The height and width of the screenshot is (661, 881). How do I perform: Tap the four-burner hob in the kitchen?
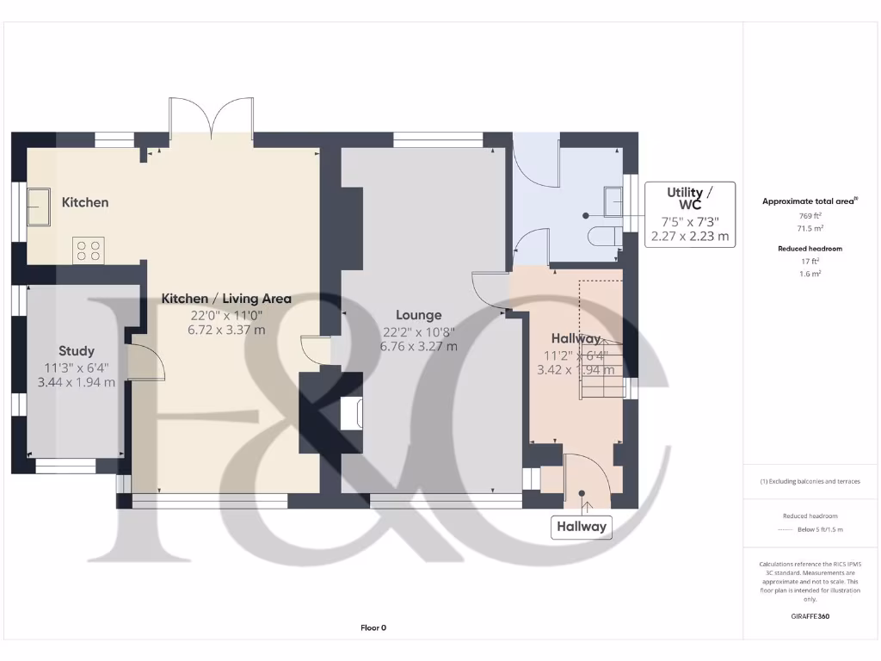[x=89, y=250]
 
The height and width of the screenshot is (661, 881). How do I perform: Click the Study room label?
[x=77, y=351]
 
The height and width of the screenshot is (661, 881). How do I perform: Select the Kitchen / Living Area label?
[x=226, y=299]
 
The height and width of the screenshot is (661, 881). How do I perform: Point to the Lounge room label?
[x=419, y=315]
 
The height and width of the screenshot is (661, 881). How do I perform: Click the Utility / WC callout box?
[x=690, y=214]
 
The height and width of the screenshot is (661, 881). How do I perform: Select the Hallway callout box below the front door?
[x=582, y=527]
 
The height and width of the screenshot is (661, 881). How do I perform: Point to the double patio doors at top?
[x=211, y=120]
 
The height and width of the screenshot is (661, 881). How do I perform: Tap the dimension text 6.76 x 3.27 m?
[x=419, y=347]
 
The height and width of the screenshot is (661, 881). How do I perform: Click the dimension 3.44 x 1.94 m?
[x=77, y=382]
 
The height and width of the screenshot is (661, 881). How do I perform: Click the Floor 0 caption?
[x=373, y=627]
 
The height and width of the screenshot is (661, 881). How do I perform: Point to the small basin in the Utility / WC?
[x=613, y=201]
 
